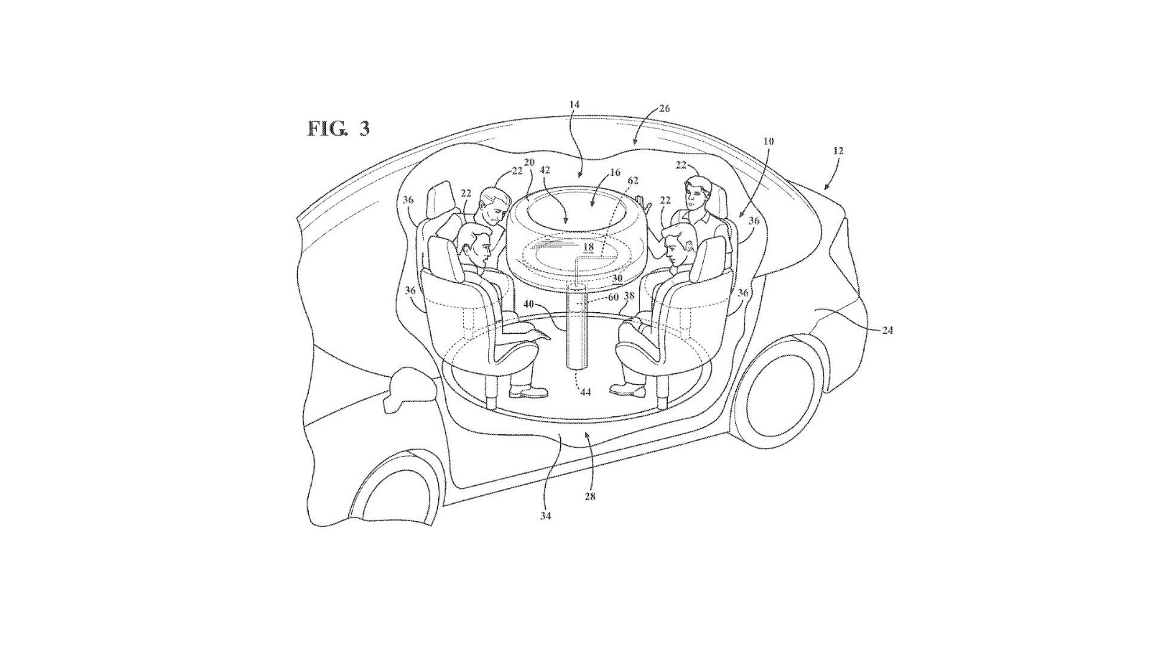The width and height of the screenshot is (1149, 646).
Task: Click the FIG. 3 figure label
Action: [338, 128]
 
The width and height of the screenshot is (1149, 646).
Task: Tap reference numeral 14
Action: [574, 105]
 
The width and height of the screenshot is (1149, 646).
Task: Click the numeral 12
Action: [838, 151]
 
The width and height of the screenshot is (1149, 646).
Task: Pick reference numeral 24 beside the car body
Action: [888, 331]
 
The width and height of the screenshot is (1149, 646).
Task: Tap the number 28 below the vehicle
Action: [590, 496]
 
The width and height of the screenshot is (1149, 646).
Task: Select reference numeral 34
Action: [545, 516]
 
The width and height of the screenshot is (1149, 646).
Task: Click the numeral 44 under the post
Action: [585, 392]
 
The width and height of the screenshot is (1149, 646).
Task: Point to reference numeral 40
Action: [529, 304]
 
